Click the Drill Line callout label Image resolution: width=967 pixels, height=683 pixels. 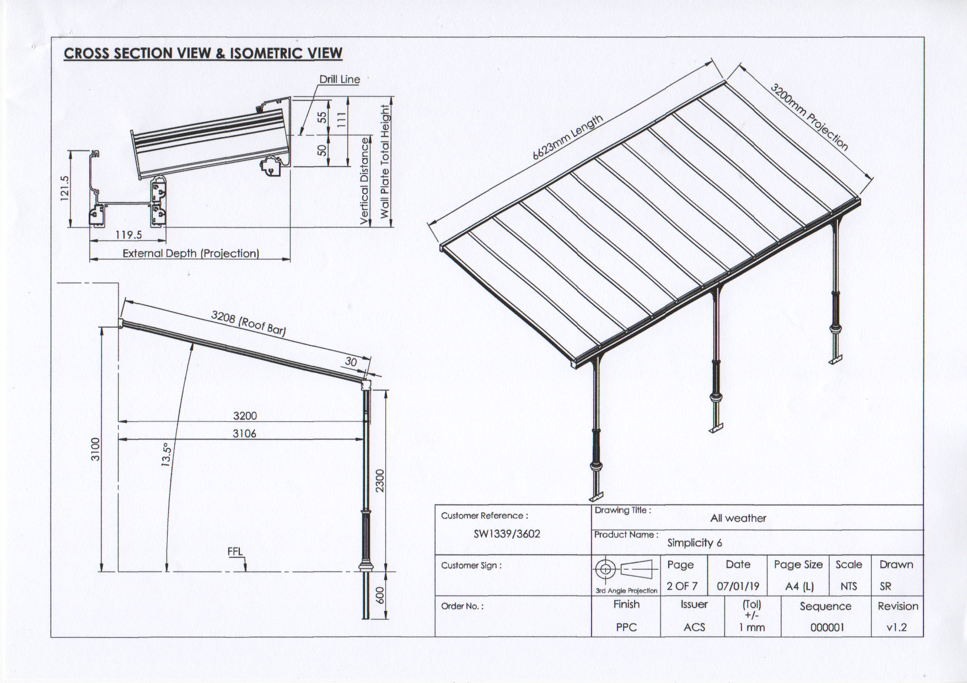point(340,79)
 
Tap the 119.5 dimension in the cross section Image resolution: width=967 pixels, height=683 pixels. point(128,235)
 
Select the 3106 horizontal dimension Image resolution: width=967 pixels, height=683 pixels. point(244,433)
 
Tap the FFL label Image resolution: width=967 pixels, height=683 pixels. point(235,552)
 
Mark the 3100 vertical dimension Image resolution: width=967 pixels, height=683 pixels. point(95,449)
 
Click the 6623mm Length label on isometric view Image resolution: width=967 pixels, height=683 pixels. point(567,138)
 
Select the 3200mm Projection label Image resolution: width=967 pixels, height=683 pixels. point(809,117)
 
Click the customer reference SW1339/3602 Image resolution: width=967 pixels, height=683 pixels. point(507,534)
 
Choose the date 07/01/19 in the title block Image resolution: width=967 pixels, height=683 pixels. point(738,586)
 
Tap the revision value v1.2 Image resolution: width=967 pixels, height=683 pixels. point(896,627)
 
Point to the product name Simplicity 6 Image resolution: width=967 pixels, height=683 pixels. point(695,543)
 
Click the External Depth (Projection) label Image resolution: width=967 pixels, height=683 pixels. point(191,253)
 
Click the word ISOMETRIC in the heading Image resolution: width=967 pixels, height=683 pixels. point(266,53)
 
